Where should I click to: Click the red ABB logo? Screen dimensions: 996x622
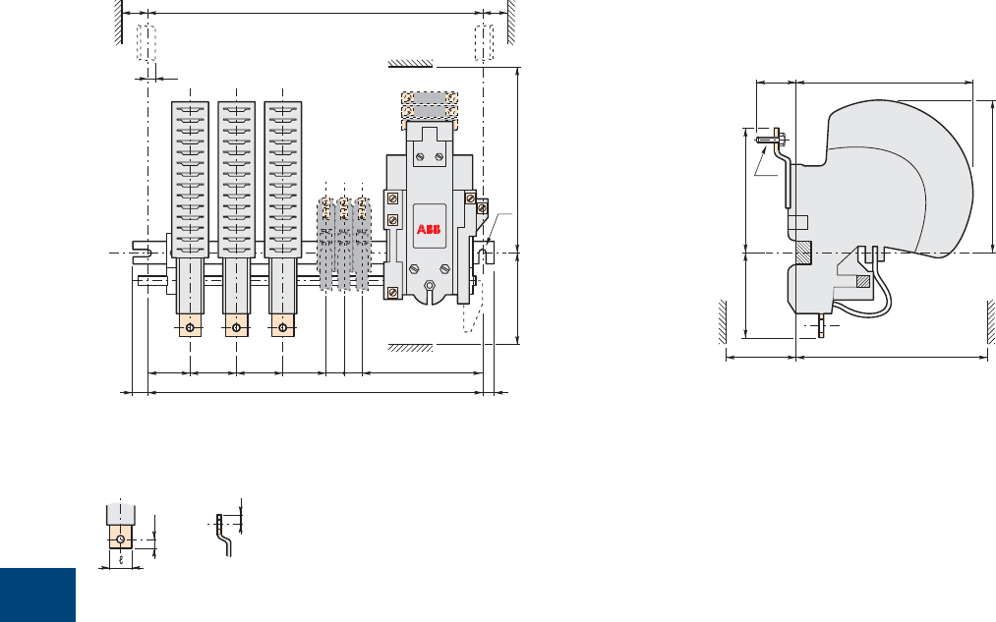tap(429, 229)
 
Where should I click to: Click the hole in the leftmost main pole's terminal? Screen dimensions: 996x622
tap(190, 327)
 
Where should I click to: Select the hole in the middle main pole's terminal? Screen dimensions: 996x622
tap(236, 327)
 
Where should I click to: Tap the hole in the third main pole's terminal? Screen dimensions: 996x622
tap(282, 327)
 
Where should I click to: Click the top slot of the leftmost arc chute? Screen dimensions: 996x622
tap(190, 109)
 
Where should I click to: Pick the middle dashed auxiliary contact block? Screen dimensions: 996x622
tap(344, 244)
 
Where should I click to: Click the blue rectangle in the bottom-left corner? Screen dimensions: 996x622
tap(37, 594)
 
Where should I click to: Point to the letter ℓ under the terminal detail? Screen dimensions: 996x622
tap(121, 560)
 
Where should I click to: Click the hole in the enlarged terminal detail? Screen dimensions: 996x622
tap(121, 539)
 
